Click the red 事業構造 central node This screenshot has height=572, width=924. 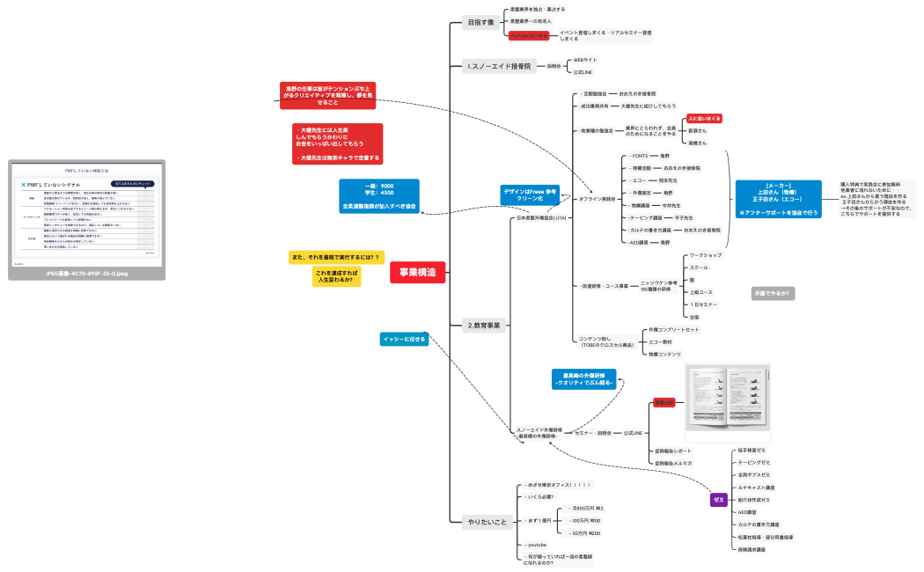pyautogui.click(x=418, y=273)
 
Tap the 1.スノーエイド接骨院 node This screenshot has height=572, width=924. pyautogui.click(x=500, y=66)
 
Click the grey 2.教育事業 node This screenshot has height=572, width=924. pyautogui.click(x=484, y=326)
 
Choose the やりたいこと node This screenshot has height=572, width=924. pyautogui.click(x=487, y=523)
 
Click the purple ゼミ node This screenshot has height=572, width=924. pyautogui.click(x=718, y=500)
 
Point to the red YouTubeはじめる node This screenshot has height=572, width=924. pyautogui.click(x=529, y=35)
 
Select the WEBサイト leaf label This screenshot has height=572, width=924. pyautogui.click(x=585, y=60)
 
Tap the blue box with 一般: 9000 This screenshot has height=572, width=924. pyautogui.click(x=379, y=196)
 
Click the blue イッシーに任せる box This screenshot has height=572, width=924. pyautogui.click(x=404, y=339)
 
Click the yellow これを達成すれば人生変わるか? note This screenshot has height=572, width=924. pyautogui.click(x=336, y=276)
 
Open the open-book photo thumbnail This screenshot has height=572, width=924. pyautogui.click(x=728, y=402)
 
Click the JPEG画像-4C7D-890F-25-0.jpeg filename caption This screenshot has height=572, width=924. pyautogui.click(x=86, y=274)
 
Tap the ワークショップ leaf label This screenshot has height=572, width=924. pyautogui.click(x=706, y=255)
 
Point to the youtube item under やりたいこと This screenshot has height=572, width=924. pyautogui.click(x=538, y=545)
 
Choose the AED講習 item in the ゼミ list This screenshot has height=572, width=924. pyautogui.click(x=747, y=512)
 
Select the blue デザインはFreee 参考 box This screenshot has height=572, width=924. pyautogui.click(x=530, y=195)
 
